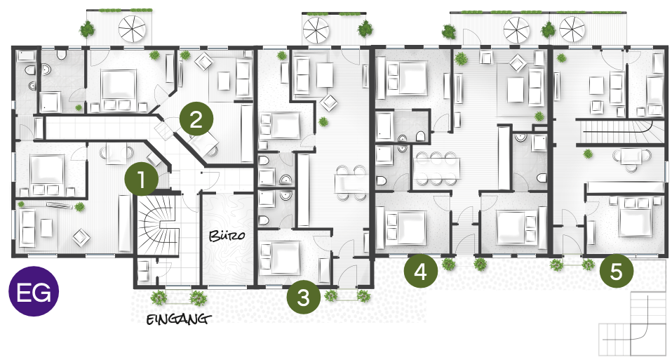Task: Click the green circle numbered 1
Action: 142,180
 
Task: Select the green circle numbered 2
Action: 196,119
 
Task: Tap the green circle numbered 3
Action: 304,297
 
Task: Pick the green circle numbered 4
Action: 421,271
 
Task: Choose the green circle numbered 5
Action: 617,271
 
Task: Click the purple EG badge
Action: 34,291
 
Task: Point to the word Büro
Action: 227,235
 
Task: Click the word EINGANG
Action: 179,319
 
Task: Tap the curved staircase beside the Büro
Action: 157,225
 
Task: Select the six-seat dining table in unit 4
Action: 436,168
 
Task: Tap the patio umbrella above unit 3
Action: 316,30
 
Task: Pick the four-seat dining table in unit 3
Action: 351,183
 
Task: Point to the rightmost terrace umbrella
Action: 572,29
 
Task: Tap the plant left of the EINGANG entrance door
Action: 159,297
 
